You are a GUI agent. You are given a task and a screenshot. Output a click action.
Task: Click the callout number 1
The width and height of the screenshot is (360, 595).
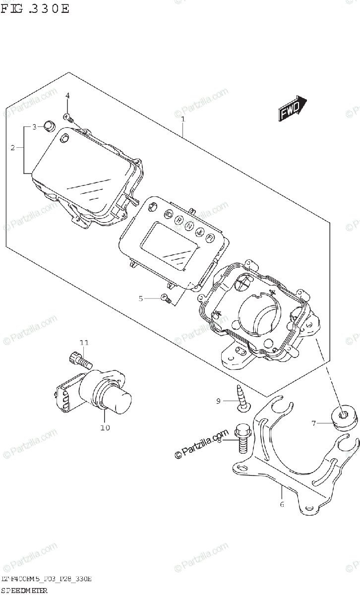[x=183, y=119]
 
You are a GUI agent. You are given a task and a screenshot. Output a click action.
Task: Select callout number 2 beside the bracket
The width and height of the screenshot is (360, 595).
[x=13, y=147]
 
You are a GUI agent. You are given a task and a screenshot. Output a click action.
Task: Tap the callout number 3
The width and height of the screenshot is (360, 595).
[x=35, y=127]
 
